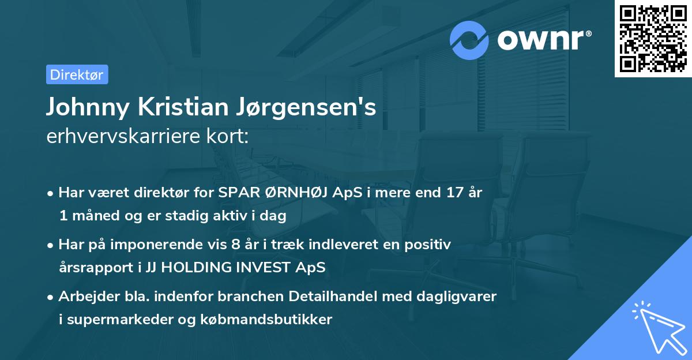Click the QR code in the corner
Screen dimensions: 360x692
click(653, 38)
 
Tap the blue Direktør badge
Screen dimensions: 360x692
click(77, 74)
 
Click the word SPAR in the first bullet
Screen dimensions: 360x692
click(235, 193)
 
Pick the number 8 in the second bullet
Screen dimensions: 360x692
click(235, 245)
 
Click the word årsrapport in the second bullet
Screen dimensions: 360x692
click(88, 267)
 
